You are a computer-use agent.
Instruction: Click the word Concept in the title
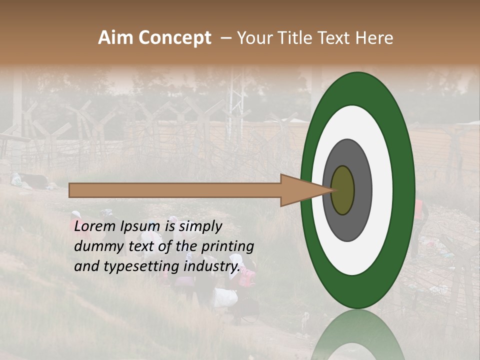point(174,38)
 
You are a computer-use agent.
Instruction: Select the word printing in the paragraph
point(227,247)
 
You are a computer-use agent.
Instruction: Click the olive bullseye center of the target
point(342,190)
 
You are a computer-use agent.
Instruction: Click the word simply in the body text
point(200,226)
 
